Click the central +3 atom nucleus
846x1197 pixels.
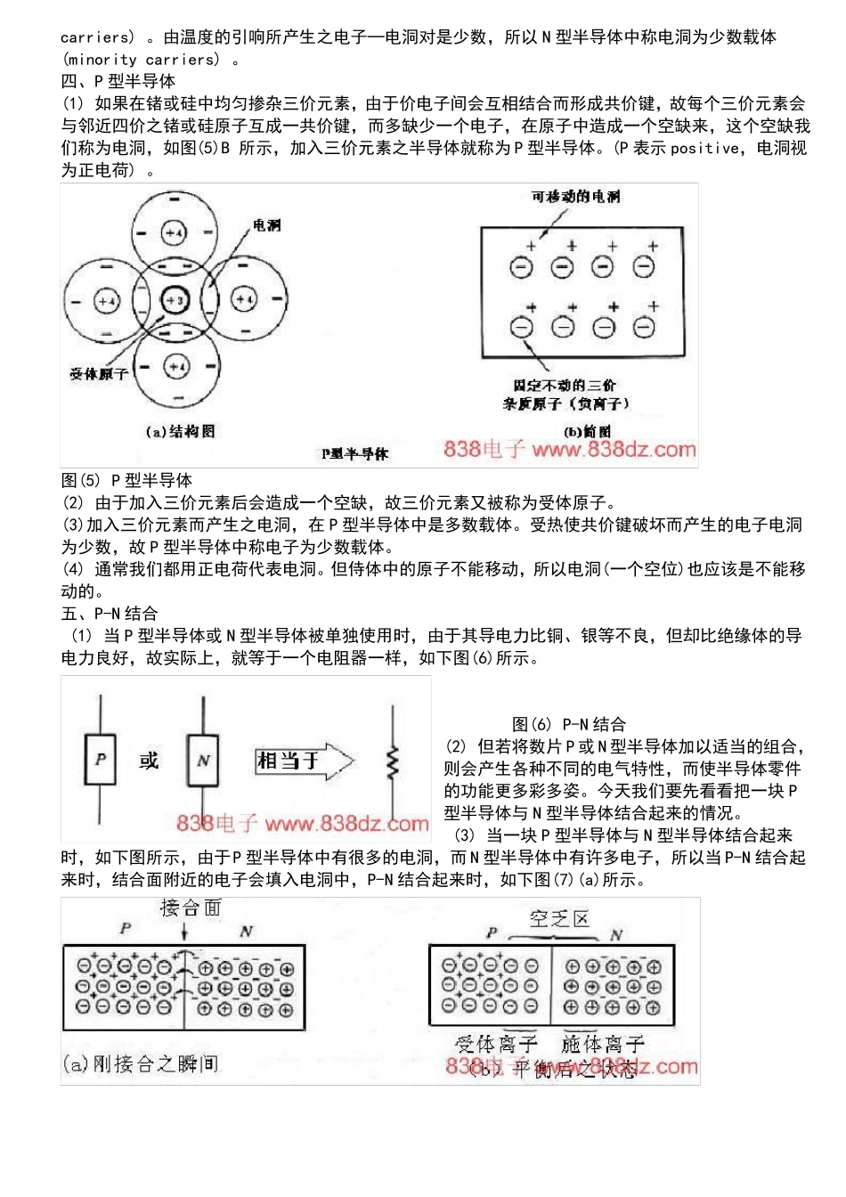click(174, 300)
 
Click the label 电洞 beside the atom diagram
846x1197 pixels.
click(266, 225)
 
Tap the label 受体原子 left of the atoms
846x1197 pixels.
click(99, 374)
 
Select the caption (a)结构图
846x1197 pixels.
click(181, 431)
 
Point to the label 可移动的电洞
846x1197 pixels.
click(576, 196)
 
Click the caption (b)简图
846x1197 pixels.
click(589, 431)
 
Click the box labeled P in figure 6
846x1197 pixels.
click(100, 760)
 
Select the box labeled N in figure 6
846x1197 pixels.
click(203, 760)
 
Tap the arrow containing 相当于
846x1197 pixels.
click(304, 761)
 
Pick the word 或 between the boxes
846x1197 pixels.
click(149, 761)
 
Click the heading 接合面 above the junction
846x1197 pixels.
click(190, 908)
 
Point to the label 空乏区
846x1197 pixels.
click(559, 918)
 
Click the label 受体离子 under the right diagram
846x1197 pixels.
click(496, 1043)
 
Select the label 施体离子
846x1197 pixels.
click(603, 1043)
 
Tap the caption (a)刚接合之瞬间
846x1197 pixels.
click(141, 1063)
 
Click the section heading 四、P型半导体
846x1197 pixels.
click(118, 81)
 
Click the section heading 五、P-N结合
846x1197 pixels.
click(110, 613)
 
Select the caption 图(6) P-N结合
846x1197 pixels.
click(569, 724)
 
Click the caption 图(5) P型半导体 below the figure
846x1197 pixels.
click(126, 480)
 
